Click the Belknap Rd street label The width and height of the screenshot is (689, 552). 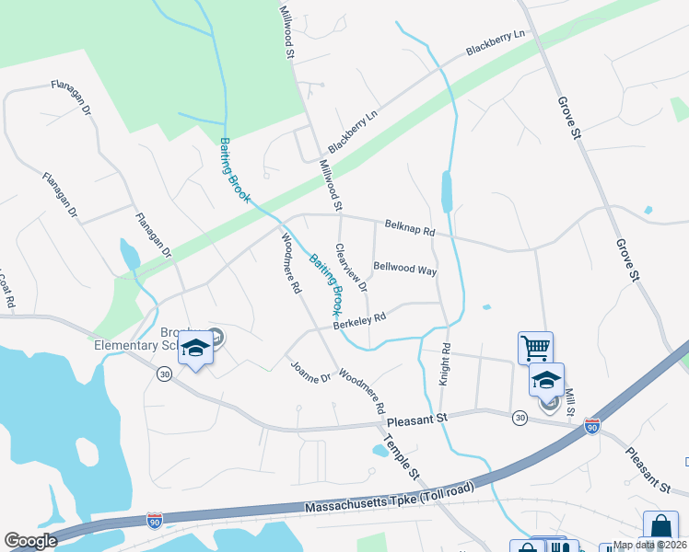tap(410, 227)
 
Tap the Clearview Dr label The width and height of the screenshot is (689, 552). tap(351, 268)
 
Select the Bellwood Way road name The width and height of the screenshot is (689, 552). tap(404, 269)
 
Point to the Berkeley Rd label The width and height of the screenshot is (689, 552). tap(358, 320)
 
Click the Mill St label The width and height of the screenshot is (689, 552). tap(570, 403)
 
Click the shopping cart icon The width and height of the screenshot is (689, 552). tap(535, 348)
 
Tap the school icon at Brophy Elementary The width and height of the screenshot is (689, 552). tap(195, 349)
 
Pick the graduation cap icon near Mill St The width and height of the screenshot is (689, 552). tap(546, 379)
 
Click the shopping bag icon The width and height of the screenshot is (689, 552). tap(660, 527)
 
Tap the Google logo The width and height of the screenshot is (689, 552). tap(29, 541)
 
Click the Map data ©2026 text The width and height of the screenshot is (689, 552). tap(650, 545)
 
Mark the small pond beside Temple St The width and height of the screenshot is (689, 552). tap(379, 451)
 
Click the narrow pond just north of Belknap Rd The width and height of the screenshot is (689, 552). tap(447, 191)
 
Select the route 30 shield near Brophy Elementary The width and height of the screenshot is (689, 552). tap(164, 374)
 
